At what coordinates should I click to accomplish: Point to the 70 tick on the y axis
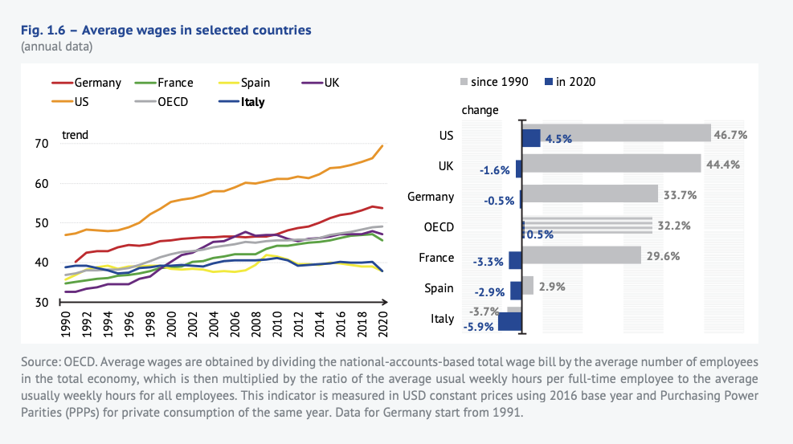click(41, 144)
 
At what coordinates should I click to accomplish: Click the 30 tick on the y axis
click(41, 303)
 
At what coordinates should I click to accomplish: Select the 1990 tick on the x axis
click(65, 324)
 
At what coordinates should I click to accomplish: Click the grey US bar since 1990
click(617, 132)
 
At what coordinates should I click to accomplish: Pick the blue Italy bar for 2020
click(510, 322)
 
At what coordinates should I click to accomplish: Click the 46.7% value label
click(732, 136)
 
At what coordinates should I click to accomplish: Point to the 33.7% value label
click(680, 195)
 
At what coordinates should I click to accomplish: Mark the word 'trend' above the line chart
click(75, 135)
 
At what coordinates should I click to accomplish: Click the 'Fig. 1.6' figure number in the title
click(46, 30)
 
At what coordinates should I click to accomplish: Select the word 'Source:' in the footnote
click(44, 363)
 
